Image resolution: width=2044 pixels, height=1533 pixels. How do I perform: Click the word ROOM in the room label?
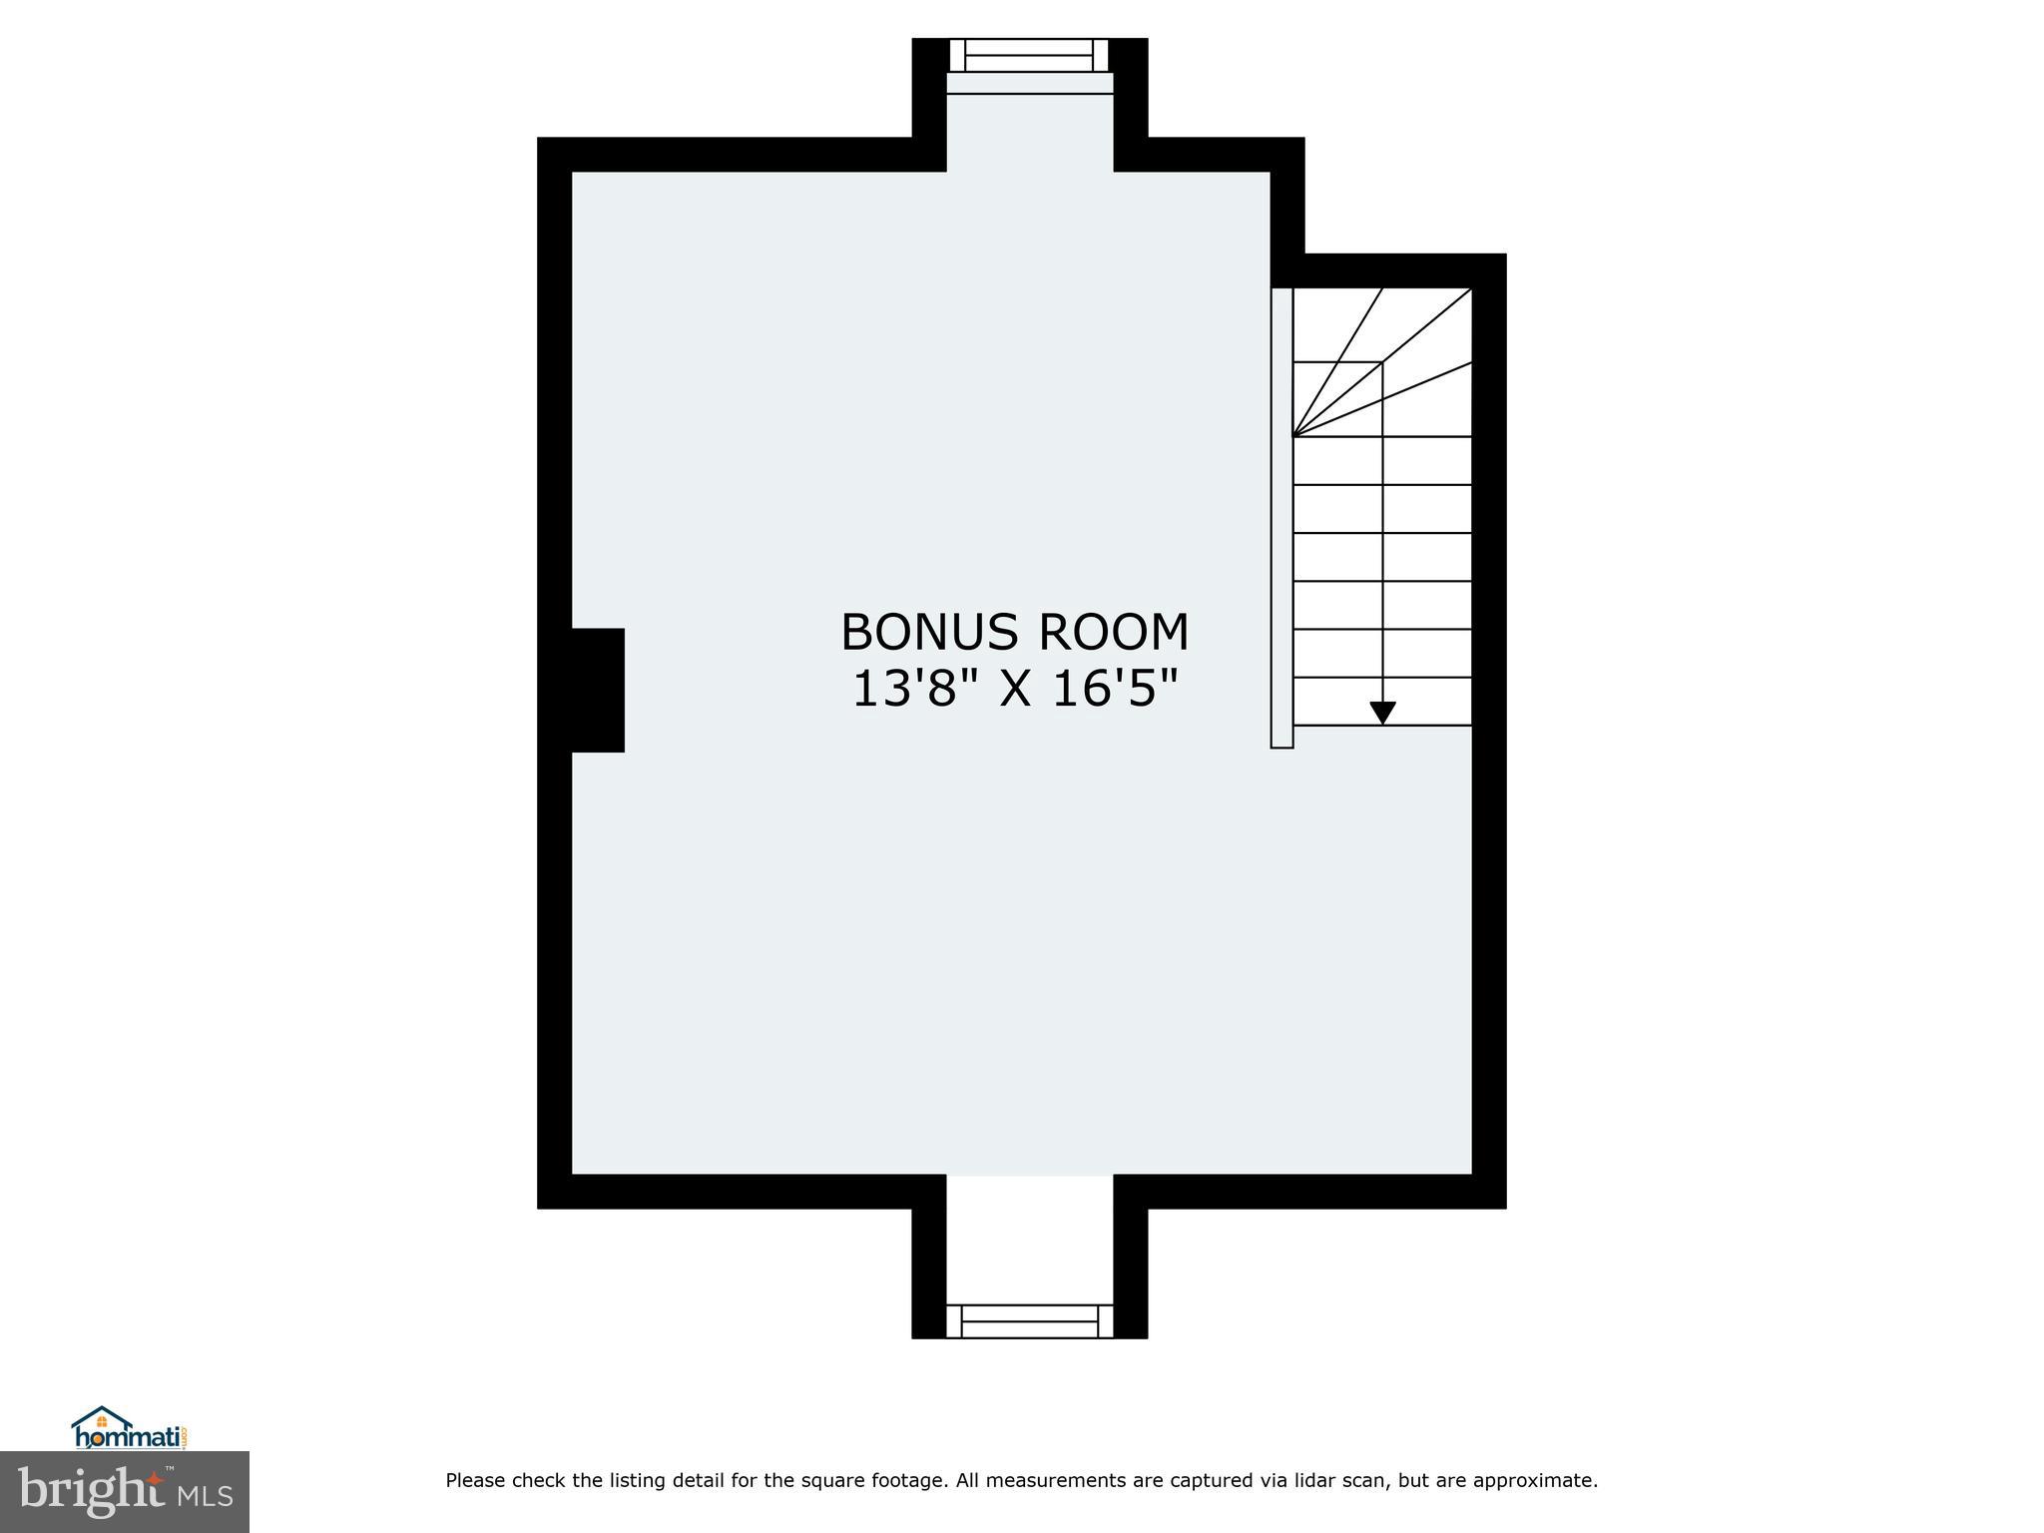(x=1114, y=633)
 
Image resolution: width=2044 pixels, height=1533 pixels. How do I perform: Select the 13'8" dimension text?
(x=914, y=689)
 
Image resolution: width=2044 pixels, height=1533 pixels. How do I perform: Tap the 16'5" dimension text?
(x=1115, y=689)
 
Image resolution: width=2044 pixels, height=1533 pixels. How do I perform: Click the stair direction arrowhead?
(x=1382, y=713)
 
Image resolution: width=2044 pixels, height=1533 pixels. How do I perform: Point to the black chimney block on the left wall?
(x=597, y=690)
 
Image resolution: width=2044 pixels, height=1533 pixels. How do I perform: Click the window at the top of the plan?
(x=1029, y=55)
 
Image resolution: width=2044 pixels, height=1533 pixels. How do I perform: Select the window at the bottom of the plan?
(x=1029, y=1320)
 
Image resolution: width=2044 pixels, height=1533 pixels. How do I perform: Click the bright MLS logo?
(x=125, y=1492)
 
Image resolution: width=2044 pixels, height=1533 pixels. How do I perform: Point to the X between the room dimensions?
(x=1015, y=689)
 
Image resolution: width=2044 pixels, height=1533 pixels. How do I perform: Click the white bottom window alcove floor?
(x=1029, y=1238)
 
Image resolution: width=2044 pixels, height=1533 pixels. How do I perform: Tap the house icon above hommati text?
(x=102, y=1419)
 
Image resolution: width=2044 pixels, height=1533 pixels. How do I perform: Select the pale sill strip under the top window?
(x=1029, y=83)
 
